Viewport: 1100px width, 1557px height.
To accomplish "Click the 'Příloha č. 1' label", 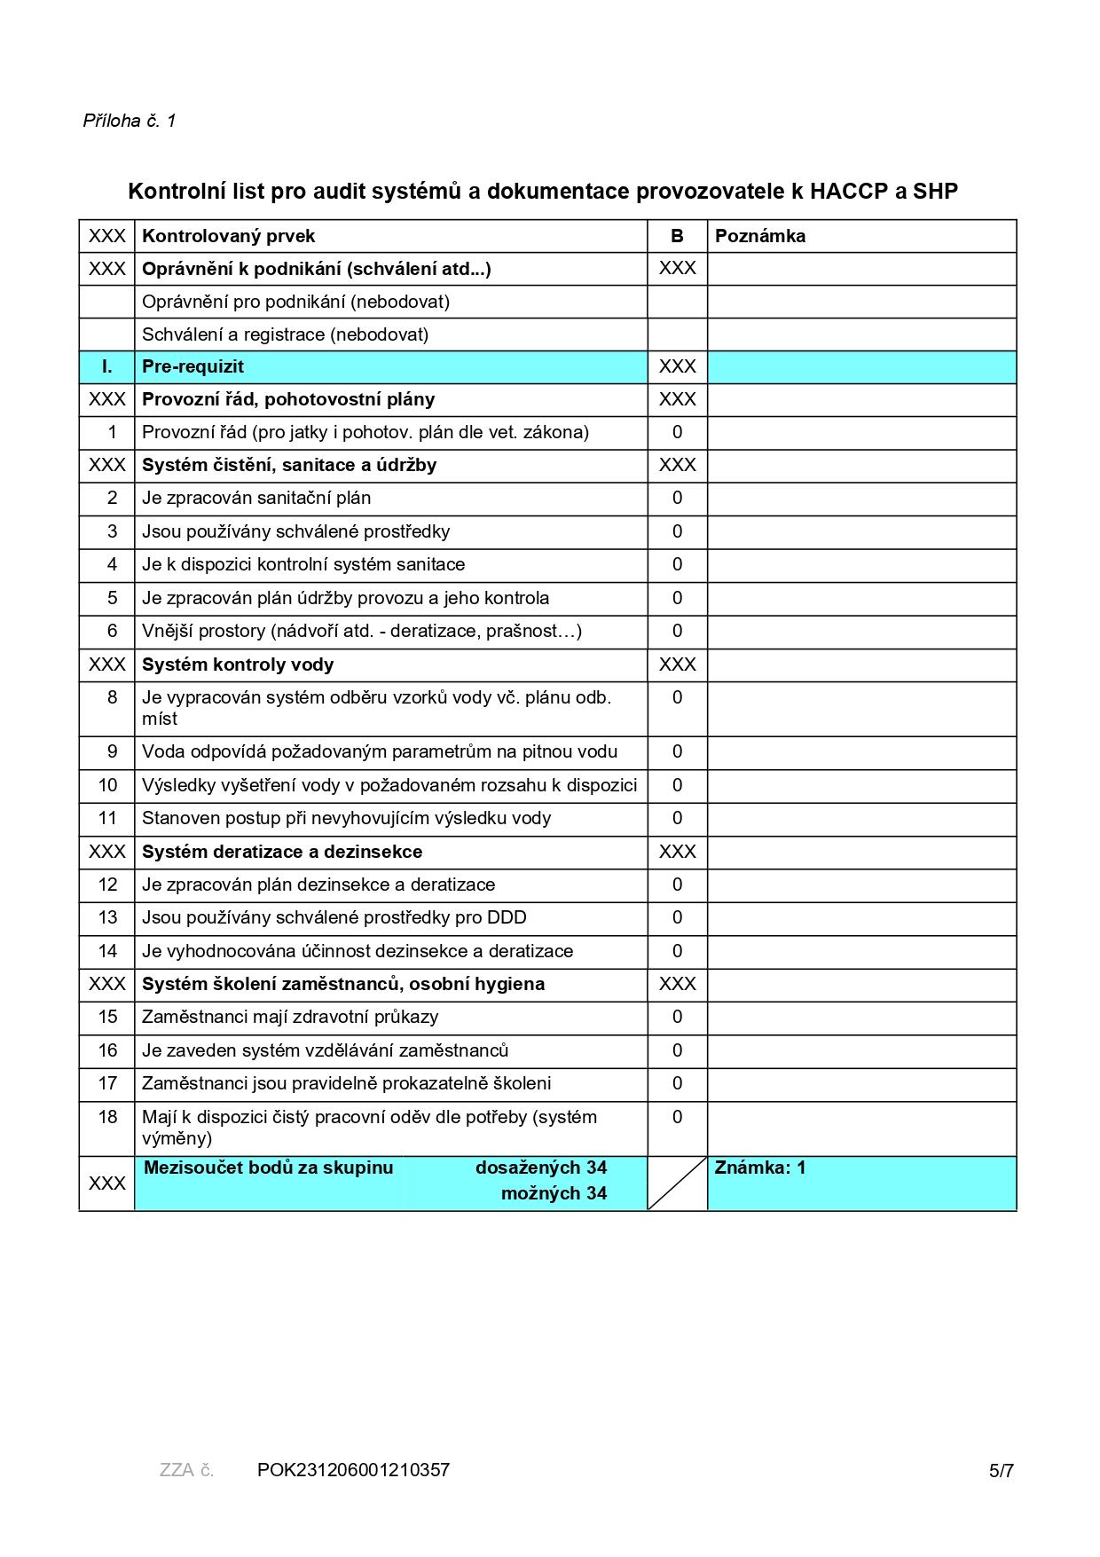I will coord(130,121).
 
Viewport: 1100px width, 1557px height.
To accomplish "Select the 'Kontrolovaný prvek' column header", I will coord(228,236).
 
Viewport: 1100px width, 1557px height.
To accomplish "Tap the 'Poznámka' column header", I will coord(759,236).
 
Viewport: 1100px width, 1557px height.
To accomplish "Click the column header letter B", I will coord(677,236).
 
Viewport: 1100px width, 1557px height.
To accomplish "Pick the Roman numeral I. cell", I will coord(107,366).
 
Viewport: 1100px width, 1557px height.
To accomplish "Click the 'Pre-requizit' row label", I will coord(192,366).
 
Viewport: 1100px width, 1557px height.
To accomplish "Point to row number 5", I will coord(112,598).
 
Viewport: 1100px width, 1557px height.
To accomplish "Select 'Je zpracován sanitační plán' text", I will coord(256,498).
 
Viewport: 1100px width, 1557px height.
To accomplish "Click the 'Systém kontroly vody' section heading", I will coord(238,664).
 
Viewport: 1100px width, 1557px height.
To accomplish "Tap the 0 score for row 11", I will coord(677,818).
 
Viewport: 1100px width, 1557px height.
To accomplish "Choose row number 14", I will coord(107,951).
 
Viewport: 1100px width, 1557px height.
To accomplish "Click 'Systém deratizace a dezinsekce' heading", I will coord(282,852).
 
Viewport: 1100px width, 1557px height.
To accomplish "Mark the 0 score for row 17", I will coord(677,1083).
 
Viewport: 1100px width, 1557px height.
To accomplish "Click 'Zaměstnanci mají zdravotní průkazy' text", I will coord(290,1017).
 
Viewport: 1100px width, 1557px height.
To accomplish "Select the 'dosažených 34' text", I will coord(540,1168).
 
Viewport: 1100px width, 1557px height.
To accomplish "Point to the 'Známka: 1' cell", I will coord(759,1168).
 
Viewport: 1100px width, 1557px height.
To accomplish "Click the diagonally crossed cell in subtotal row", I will coord(677,1183).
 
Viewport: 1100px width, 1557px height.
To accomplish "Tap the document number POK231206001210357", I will coord(353,1470).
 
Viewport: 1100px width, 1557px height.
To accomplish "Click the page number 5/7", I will coord(1001,1471).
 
